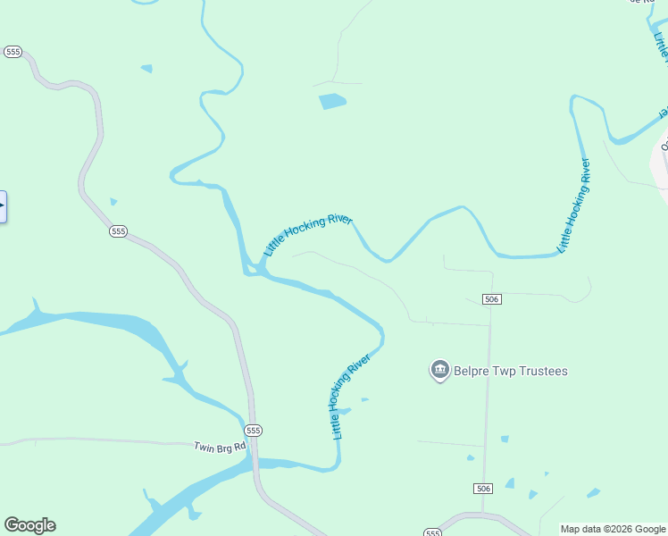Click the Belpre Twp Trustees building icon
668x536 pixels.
pos(439,370)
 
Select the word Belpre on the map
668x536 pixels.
pos(473,371)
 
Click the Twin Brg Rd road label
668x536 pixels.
pos(219,446)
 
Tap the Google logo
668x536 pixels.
pos(29,525)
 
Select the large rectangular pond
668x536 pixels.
pos(332,101)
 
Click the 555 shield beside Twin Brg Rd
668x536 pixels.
pos(254,431)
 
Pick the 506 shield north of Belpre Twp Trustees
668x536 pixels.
pos(491,298)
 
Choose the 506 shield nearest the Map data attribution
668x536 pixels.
pos(483,489)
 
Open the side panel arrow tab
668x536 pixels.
pos(3,206)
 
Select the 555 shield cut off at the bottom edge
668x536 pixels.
pos(433,532)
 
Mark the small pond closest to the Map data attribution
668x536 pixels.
pos(593,492)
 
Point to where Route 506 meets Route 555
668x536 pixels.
pos(482,515)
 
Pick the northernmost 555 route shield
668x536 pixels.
pos(13,52)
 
